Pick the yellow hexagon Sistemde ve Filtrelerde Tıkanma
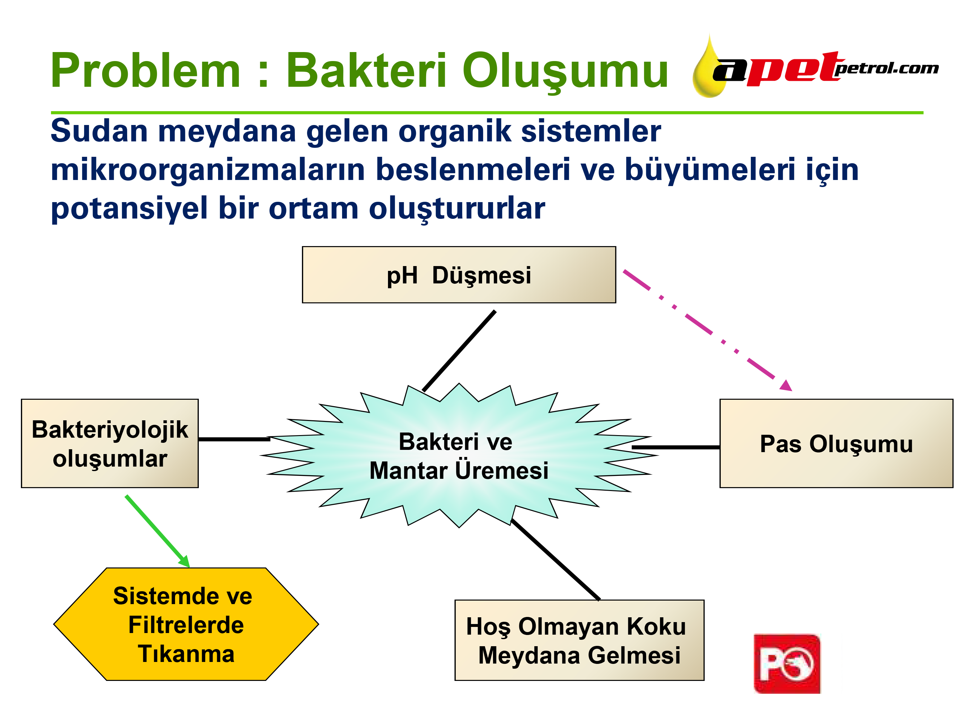pyautogui.click(x=186, y=624)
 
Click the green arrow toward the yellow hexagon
pyautogui.click(x=157, y=531)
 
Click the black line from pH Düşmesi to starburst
pyautogui.click(x=459, y=351)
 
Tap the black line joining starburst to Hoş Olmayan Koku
pyautogui.click(x=555, y=559)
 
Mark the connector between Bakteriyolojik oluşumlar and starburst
pyautogui.click(x=234, y=439)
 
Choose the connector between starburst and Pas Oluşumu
pyautogui.click(x=676, y=447)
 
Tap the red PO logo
pyautogui.click(x=787, y=664)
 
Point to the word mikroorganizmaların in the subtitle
pyautogui.click(x=208, y=170)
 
